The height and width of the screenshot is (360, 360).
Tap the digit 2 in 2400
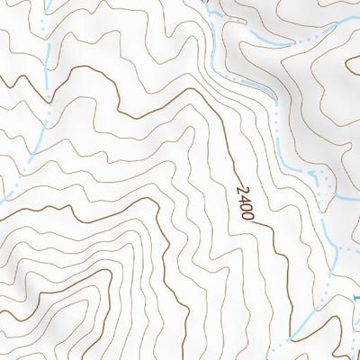(241, 190)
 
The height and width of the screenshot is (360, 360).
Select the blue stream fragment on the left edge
(3, 191)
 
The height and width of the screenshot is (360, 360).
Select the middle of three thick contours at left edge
(1, 211)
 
